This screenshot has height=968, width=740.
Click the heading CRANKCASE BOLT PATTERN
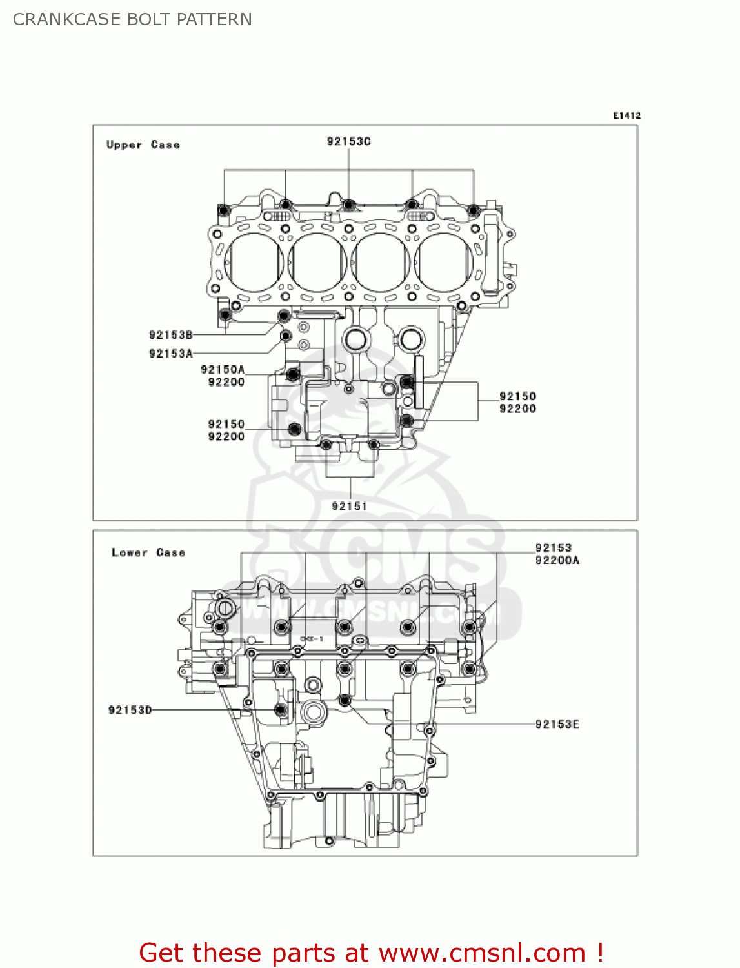(x=132, y=19)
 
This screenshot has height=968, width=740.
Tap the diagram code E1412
(x=626, y=116)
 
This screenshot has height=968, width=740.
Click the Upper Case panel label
(x=143, y=145)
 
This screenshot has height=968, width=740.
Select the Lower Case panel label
(x=148, y=552)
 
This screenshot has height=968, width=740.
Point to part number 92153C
(x=348, y=141)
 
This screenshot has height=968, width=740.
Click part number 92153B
(x=170, y=335)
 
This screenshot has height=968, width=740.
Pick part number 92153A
(x=170, y=354)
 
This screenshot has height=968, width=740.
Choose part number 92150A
(x=223, y=370)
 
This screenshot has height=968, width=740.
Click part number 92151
(x=349, y=507)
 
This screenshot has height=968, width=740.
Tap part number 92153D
(x=130, y=710)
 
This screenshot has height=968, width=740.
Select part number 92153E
(x=557, y=724)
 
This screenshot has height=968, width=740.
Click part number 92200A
(x=557, y=560)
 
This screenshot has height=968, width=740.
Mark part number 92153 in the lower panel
(x=553, y=548)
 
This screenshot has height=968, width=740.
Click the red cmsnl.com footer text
(x=372, y=953)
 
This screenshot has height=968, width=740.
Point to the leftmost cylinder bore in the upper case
(x=253, y=261)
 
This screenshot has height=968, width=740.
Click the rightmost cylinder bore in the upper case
(x=445, y=261)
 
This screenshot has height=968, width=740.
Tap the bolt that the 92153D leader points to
(x=280, y=710)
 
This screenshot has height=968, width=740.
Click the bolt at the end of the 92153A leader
(x=285, y=336)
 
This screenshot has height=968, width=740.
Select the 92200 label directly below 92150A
(x=226, y=382)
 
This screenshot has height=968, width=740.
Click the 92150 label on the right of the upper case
(x=517, y=396)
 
